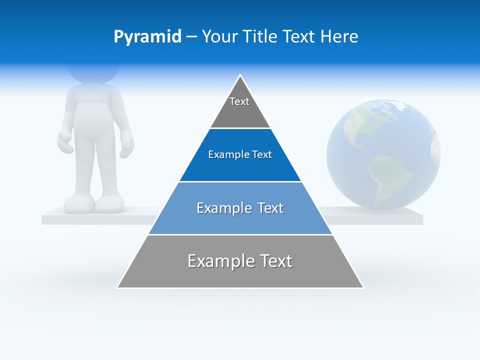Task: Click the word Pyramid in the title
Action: (147, 37)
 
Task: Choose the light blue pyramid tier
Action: (240, 209)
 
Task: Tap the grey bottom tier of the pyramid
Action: (240, 262)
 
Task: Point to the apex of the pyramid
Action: (240, 75)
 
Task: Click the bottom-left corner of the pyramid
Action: (118, 287)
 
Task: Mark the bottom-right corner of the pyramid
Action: (362, 287)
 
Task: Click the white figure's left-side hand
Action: (65, 142)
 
